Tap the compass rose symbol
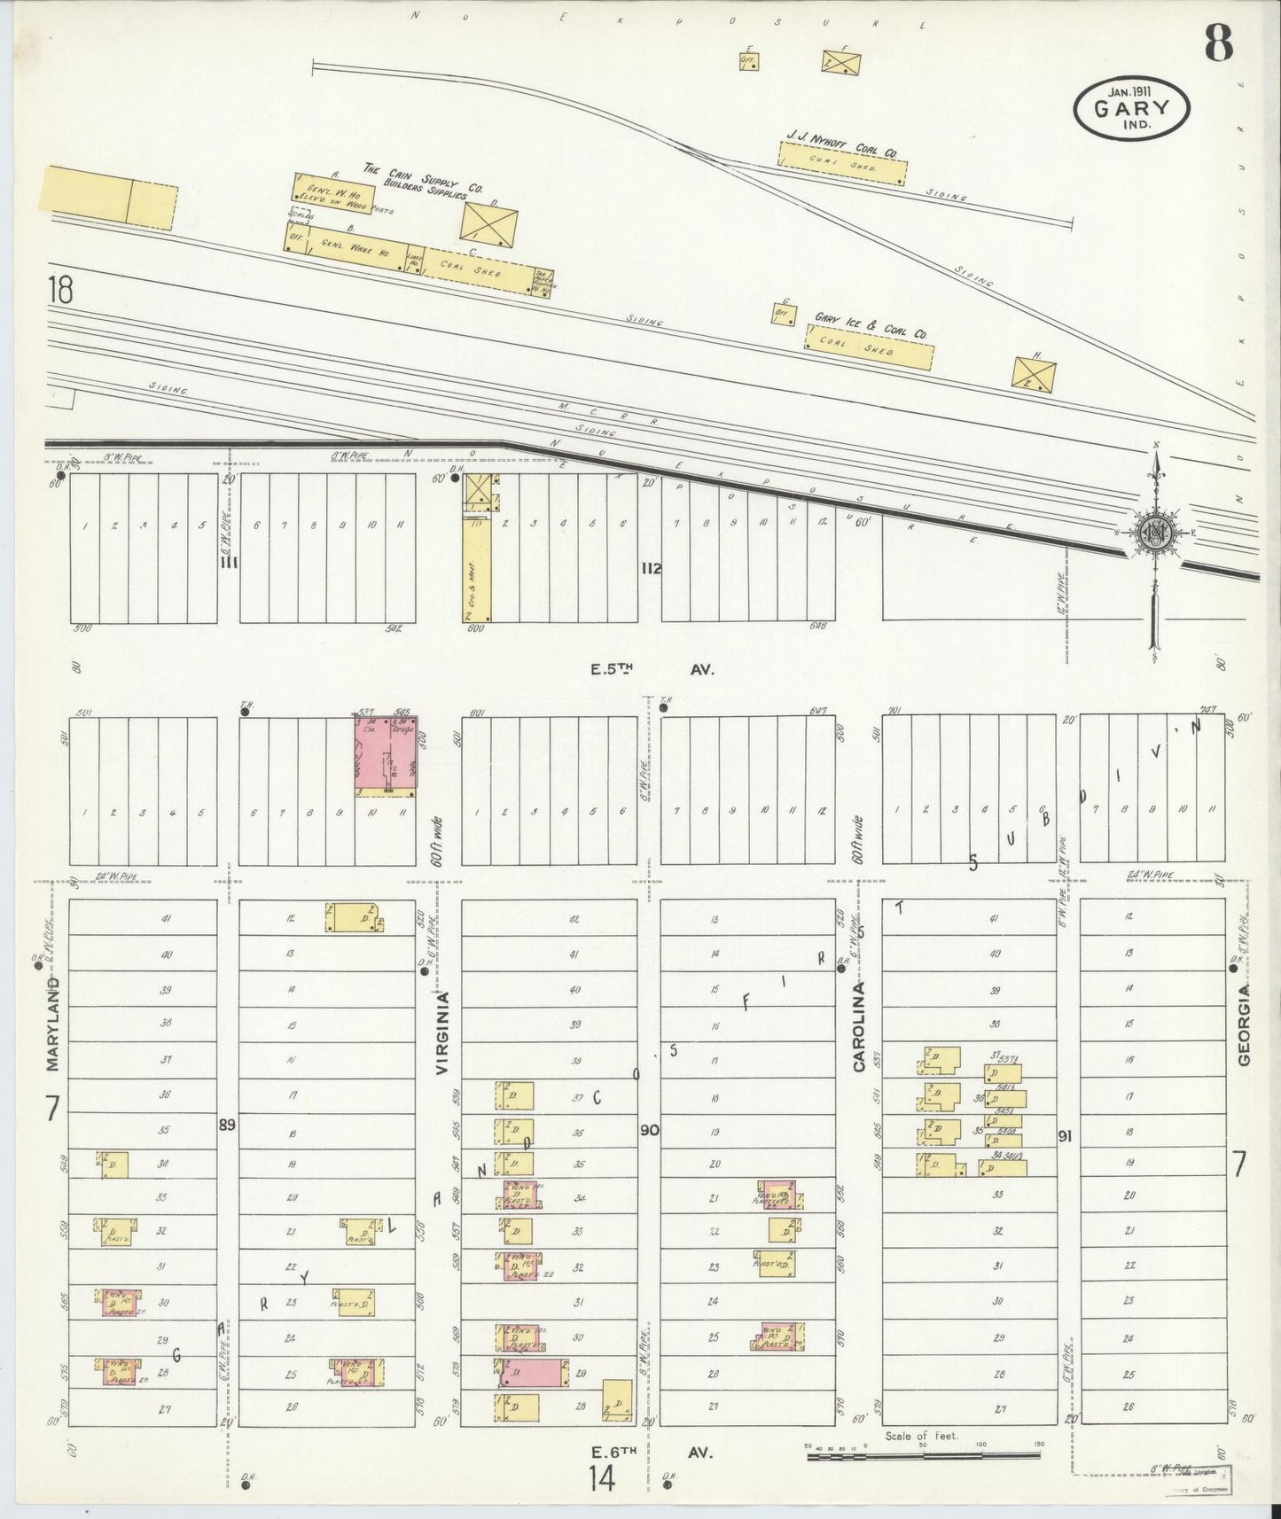pyautogui.click(x=1156, y=533)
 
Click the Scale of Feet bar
pyautogui.click(x=925, y=1454)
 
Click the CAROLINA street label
pyautogui.click(x=858, y=1027)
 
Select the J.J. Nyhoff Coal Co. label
pyautogui.click(x=840, y=143)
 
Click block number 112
pyautogui.click(x=652, y=569)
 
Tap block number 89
pyautogui.click(x=228, y=1125)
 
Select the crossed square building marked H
pyautogui.click(x=1034, y=372)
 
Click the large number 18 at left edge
pyautogui.click(x=60, y=291)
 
